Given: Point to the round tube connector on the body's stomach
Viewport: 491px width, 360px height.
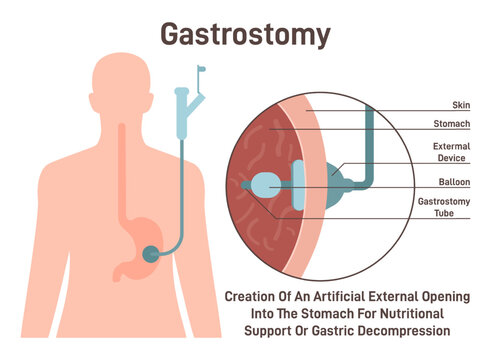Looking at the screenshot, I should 149,253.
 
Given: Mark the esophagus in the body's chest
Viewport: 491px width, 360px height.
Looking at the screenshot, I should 124,170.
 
